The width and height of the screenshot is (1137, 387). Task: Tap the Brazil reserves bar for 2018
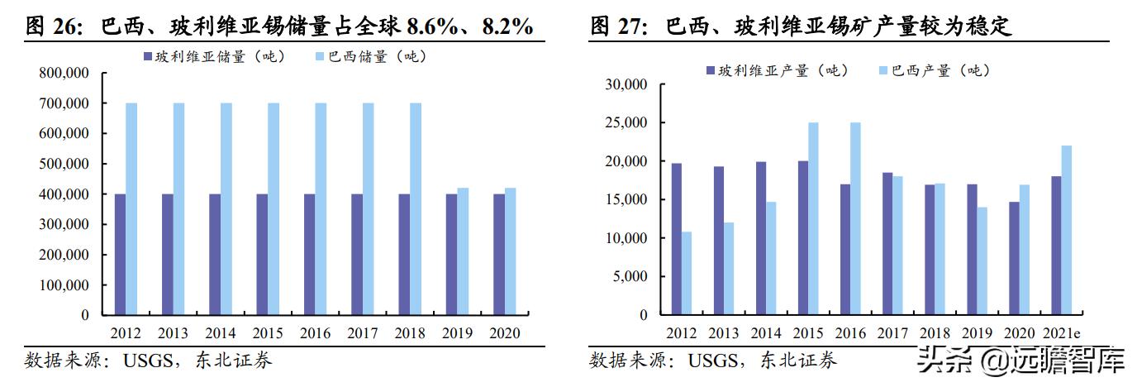pyautogui.click(x=416, y=209)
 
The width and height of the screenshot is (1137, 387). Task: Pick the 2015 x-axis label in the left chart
pyautogui.click(x=268, y=333)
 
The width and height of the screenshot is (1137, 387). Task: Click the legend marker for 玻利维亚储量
pyautogui.click(x=148, y=57)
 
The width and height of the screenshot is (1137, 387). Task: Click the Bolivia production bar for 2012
pyautogui.click(x=677, y=239)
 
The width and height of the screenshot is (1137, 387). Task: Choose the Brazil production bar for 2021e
pyautogui.click(x=1067, y=231)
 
